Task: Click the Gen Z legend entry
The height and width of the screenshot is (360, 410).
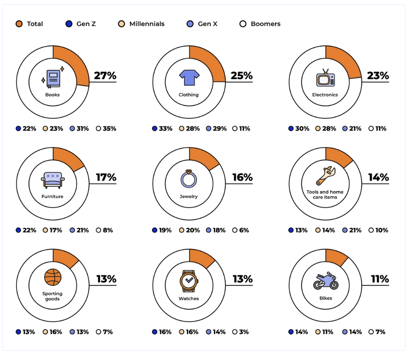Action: tap(81, 24)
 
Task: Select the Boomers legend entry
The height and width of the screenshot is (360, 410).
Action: tap(260, 24)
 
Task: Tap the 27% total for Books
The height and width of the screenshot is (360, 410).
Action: tap(105, 76)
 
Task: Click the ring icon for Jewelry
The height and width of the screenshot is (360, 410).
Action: tap(189, 179)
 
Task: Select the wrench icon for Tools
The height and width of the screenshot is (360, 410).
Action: tap(325, 176)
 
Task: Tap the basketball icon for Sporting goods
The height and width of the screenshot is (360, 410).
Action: tap(53, 277)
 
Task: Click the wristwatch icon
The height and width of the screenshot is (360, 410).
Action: tap(189, 281)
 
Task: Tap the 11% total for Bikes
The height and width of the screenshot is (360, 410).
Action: tap(379, 279)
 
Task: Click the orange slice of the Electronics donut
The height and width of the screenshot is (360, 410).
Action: tap(343, 62)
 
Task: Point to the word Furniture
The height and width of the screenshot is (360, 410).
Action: tap(53, 196)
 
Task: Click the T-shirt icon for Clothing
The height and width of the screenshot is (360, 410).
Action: tap(189, 78)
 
